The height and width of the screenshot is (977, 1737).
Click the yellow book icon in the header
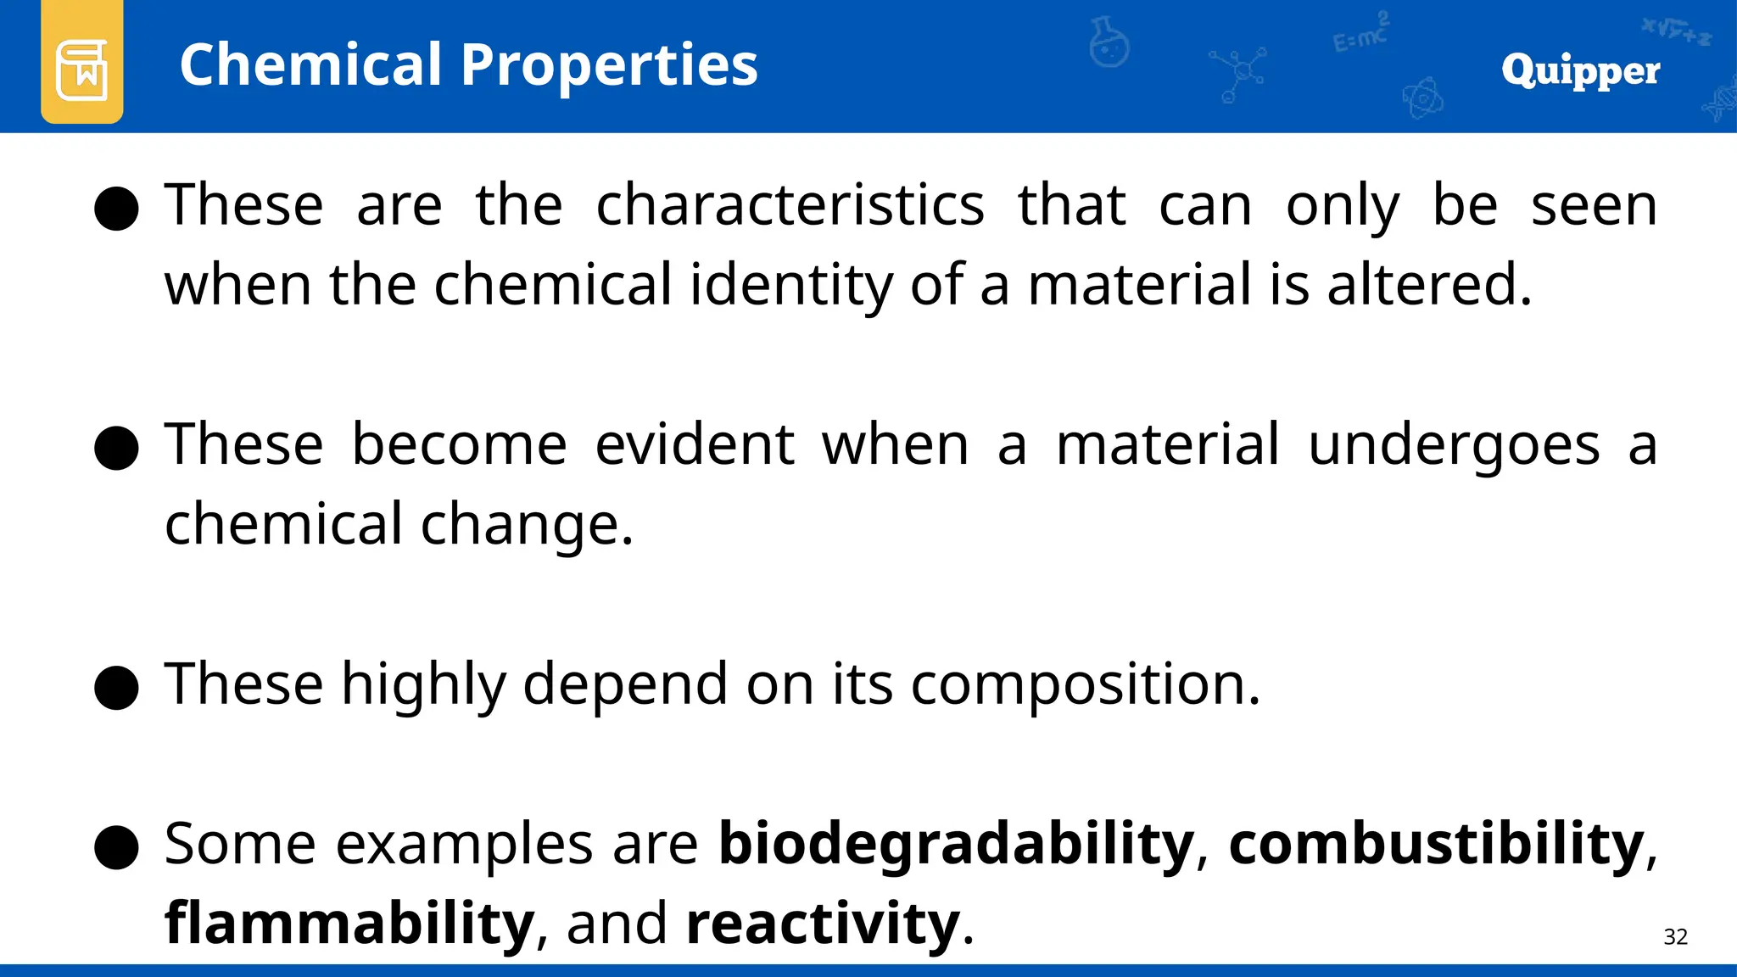point(81,64)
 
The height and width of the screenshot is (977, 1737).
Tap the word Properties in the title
point(609,66)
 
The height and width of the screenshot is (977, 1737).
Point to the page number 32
point(1675,936)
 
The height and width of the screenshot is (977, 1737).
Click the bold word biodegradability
point(956,845)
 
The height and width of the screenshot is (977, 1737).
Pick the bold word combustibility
point(1436,845)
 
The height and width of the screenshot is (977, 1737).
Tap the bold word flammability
point(349,924)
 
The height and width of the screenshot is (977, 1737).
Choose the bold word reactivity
point(823,924)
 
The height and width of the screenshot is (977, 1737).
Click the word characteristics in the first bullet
point(790,206)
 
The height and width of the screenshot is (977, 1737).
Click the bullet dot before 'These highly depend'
point(116,687)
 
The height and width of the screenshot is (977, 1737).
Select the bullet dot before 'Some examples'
point(116,846)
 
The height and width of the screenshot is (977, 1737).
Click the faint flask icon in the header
point(1109,42)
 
